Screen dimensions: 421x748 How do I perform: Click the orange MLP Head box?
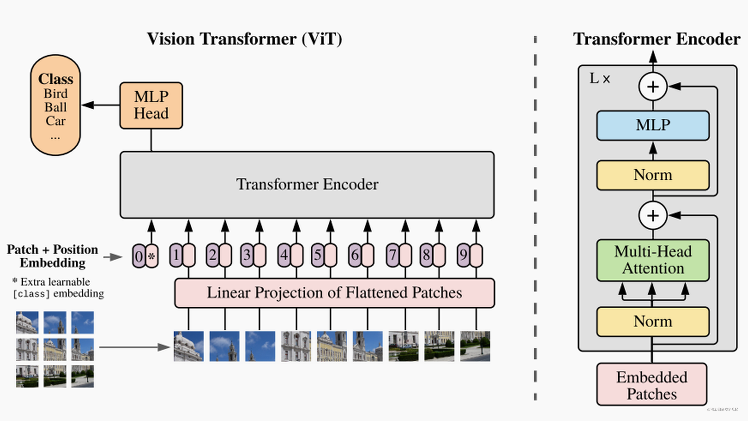(151, 105)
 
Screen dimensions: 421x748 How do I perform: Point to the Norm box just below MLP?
(653, 175)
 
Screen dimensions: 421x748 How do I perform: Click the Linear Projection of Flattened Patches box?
(334, 293)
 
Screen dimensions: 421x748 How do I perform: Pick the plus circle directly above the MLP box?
(653, 87)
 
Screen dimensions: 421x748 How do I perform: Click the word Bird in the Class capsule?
(56, 94)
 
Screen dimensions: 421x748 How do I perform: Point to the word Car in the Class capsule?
(56, 121)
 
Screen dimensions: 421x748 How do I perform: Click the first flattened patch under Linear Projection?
(188, 346)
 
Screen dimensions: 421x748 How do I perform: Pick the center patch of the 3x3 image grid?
(55, 349)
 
